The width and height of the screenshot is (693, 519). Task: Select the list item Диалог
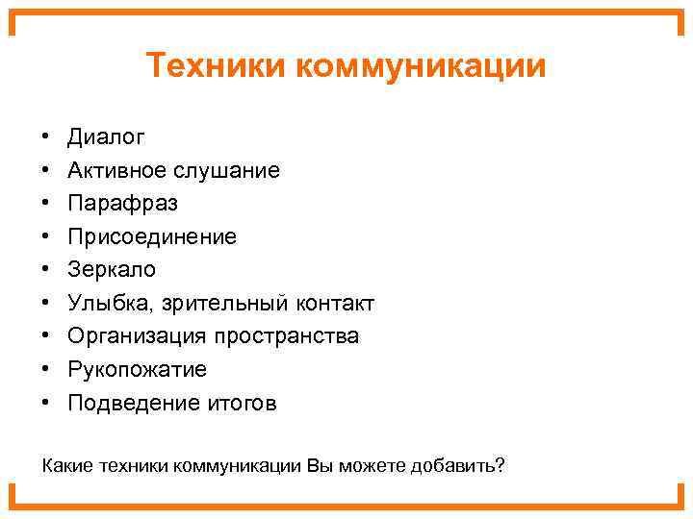(106, 137)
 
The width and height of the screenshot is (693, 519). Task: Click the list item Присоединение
(151, 237)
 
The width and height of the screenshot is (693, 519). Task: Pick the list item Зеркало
(111, 270)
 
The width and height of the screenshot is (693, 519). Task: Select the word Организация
(138, 336)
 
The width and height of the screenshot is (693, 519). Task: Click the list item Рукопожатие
(137, 370)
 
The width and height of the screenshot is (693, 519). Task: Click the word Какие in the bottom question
(66, 466)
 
